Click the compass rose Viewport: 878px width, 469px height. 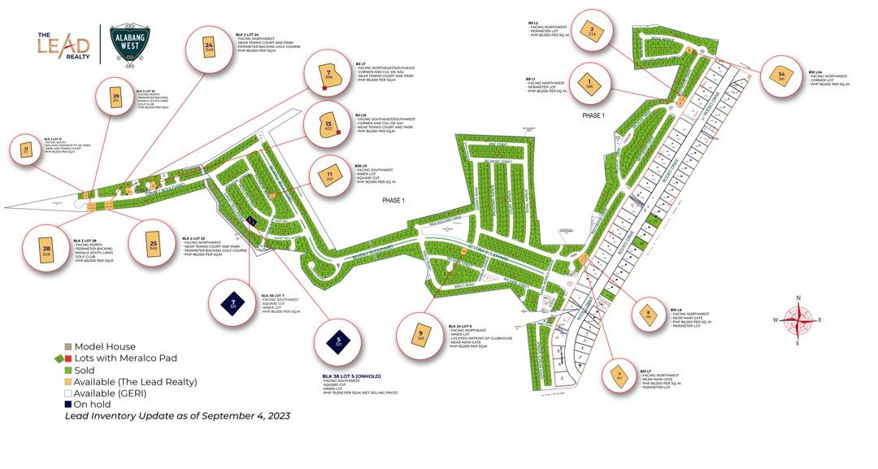[798, 319]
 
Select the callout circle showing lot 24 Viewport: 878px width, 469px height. [209, 49]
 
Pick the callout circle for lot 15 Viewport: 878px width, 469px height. [328, 124]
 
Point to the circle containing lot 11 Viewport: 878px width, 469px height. [329, 177]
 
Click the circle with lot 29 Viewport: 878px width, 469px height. [116, 99]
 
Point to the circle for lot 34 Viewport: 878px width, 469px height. [781, 76]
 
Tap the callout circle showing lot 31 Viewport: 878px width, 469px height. [26, 150]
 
